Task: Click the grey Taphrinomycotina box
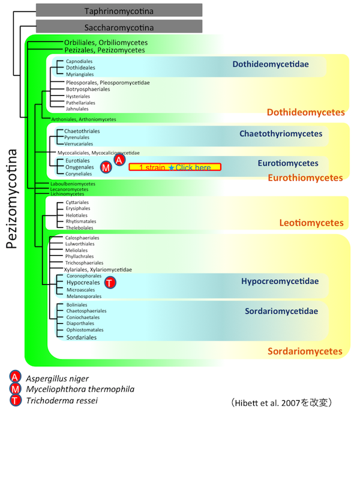click(119, 11)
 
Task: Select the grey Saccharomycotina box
click(119, 27)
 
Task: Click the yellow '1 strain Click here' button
click(175, 167)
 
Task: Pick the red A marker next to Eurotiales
click(119, 160)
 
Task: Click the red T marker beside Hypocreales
click(110, 282)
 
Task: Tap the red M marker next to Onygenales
click(106, 167)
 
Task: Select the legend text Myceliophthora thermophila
click(80, 389)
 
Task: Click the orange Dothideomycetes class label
click(305, 112)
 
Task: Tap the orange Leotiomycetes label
click(311, 223)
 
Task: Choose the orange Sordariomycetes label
click(305, 351)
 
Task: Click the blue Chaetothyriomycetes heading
click(281, 134)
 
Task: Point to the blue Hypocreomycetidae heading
click(280, 281)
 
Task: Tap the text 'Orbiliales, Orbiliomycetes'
click(106, 43)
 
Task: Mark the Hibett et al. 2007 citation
click(281, 401)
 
